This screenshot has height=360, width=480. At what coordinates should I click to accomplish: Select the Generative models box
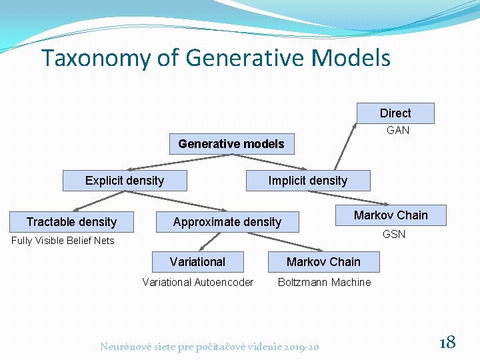pyautogui.click(x=231, y=144)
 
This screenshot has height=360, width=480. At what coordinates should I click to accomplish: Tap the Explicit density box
pyautogui.click(x=125, y=181)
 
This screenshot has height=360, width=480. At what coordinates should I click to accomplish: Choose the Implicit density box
pyautogui.click(x=307, y=181)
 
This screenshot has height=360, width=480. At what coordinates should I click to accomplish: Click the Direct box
pyautogui.click(x=395, y=113)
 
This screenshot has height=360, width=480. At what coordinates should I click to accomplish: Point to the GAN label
pyautogui.click(x=398, y=130)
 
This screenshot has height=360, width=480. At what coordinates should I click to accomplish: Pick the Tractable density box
pyautogui.click(x=71, y=222)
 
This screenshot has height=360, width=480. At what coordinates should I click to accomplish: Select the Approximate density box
pyautogui.click(x=227, y=222)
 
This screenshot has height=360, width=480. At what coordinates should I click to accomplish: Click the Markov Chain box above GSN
pyautogui.click(x=391, y=215)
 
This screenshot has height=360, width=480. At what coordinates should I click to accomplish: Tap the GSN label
pyautogui.click(x=394, y=235)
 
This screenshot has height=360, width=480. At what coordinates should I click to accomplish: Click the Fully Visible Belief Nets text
pyautogui.click(x=63, y=241)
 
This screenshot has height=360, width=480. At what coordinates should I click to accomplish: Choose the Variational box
pyautogui.click(x=197, y=262)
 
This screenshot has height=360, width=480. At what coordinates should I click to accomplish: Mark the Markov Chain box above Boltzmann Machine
pyautogui.click(x=323, y=262)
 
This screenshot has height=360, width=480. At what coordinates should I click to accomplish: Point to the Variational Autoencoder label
pyautogui.click(x=198, y=283)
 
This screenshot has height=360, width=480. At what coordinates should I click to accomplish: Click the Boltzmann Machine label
pyautogui.click(x=324, y=283)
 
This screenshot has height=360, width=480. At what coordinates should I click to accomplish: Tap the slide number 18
pyautogui.click(x=447, y=343)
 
